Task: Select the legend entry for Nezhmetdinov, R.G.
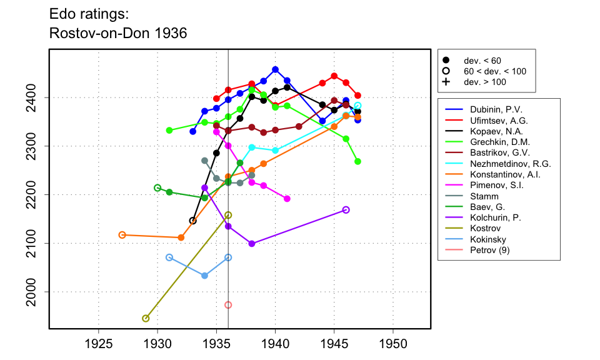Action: click(x=506, y=164)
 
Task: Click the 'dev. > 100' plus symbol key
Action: click(x=446, y=82)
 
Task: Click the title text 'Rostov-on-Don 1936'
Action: click(x=118, y=33)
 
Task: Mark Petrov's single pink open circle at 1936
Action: click(x=228, y=305)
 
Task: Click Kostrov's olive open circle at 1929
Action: click(x=146, y=318)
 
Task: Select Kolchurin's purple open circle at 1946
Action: click(x=346, y=210)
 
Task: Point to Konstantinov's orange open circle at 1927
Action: click(x=122, y=235)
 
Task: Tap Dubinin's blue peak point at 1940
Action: click(x=276, y=69)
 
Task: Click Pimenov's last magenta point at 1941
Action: click(x=287, y=199)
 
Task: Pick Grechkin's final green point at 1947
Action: click(x=357, y=161)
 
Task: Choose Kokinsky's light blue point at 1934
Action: click(x=205, y=276)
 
